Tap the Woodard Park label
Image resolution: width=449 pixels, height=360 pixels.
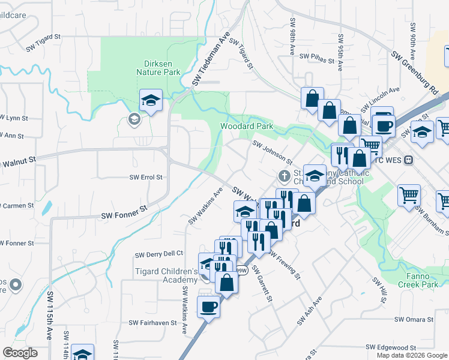[x=247, y=126]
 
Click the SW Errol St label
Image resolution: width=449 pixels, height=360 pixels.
[x=146, y=178]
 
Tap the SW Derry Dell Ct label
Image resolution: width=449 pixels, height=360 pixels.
[x=159, y=254]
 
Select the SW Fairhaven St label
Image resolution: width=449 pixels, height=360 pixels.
[x=152, y=322]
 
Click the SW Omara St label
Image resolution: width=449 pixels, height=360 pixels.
[x=414, y=320]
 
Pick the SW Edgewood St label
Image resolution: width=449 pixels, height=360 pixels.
[x=391, y=347]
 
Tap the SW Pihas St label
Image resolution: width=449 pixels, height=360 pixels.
[x=316, y=56]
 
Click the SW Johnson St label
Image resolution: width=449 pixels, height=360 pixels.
[x=273, y=153]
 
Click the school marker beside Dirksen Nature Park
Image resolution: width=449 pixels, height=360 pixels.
[x=151, y=101]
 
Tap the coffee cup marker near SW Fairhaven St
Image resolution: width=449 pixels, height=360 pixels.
[x=208, y=307]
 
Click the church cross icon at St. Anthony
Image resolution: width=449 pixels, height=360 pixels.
[x=285, y=176]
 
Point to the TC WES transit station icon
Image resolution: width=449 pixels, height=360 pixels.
[x=409, y=160]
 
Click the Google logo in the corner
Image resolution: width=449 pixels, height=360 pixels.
[x=20, y=353]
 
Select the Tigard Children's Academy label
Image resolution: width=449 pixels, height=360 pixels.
[x=166, y=276]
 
